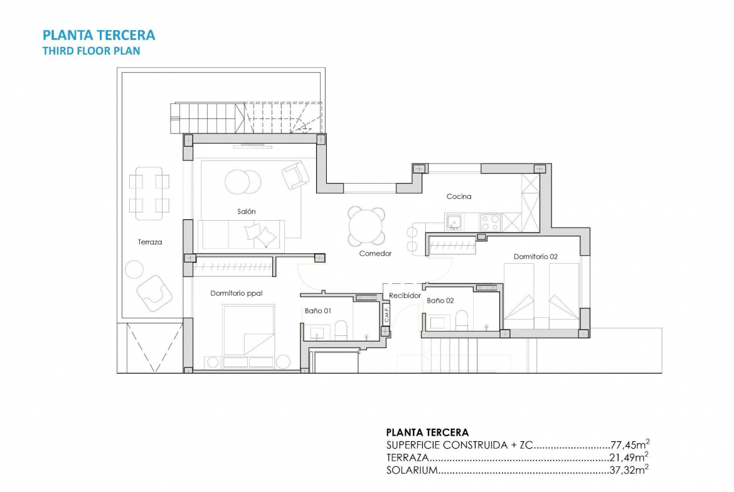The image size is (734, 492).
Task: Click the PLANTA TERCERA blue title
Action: point(98,35)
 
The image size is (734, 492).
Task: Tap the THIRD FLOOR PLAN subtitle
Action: point(92,51)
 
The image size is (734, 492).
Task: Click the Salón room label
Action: point(246,211)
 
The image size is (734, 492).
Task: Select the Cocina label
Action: point(459,196)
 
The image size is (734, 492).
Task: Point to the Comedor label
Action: point(375,253)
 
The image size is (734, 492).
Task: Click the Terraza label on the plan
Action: point(150,242)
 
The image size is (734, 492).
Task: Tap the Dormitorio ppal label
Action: point(237,293)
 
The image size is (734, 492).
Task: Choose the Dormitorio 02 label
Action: point(536,256)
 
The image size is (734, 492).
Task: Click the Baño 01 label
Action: point(318,310)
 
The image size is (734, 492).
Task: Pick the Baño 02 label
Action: point(440,301)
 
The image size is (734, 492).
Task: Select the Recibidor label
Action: point(405,296)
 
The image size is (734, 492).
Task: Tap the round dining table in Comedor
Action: point(366,227)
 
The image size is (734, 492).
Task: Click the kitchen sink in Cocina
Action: point(454,222)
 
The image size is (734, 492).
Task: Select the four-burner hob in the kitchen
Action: point(491,222)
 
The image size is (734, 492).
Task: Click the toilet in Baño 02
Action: point(462,320)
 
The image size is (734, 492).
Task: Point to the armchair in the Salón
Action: point(295,175)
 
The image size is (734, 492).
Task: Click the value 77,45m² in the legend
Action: point(630,444)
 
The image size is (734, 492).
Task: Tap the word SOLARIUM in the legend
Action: point(412,470)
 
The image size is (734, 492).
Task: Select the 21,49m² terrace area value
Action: point(629,457)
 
